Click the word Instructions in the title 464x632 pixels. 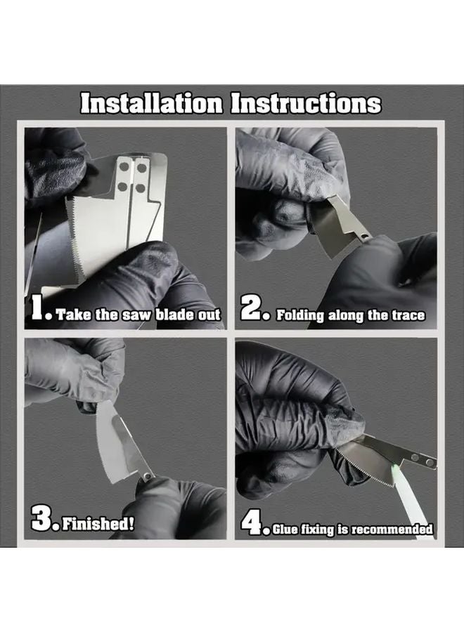point(307,103)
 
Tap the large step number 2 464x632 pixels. point(252,310)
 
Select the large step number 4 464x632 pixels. point(252,523)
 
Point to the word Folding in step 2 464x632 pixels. point(300,315)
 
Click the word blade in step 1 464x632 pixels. point(169,315)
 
